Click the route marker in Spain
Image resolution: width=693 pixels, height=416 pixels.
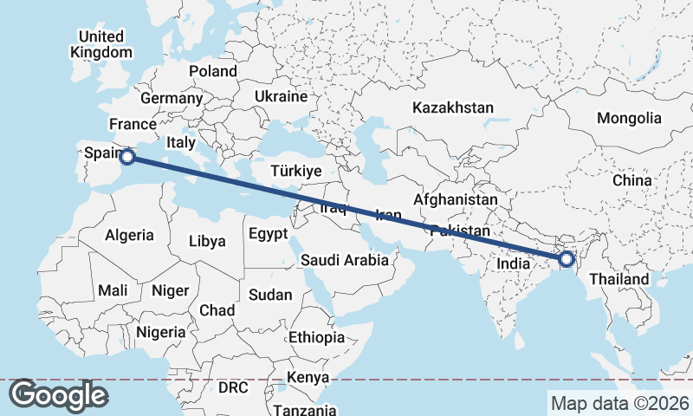click(127, 157)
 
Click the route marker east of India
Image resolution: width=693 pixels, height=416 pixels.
click(567, 259)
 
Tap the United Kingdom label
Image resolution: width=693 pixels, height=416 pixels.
click(101, 44)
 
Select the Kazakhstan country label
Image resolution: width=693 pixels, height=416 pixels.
click(453, 108)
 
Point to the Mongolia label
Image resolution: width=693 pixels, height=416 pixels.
click(629, 118)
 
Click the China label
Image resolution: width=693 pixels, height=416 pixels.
click(631, 180)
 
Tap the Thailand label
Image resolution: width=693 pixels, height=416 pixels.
click(619, 280)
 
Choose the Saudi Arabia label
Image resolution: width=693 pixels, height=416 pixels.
click(345, 260)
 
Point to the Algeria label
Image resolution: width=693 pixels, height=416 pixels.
click(129, 235)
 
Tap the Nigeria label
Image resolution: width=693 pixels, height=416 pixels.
click(161, 332)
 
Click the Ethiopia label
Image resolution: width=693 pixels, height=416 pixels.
click(317, 337)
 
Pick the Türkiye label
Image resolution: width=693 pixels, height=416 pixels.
click(296, 172)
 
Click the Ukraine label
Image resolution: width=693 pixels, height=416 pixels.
click(282, 96)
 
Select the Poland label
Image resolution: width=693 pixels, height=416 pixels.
click(213, 71)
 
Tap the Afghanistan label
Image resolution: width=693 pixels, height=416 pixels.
click(456, 200)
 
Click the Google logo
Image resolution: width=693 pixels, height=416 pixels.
click(58, 395)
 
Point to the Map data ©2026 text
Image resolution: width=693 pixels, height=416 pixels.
click(620, 403)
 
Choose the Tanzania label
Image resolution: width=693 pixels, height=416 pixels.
click(304, 409)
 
